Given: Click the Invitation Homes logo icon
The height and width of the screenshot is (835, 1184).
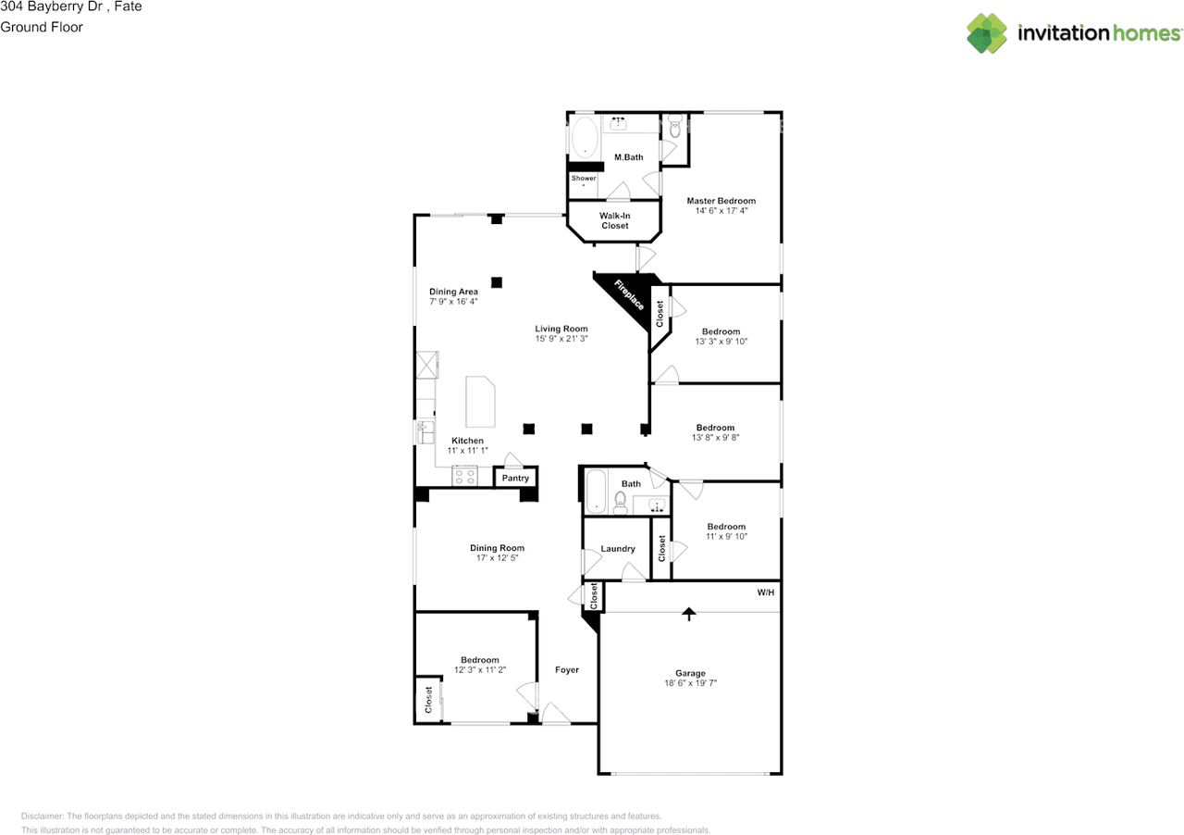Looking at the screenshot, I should [987, 33].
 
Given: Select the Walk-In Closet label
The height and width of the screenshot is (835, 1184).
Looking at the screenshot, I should [614, 220].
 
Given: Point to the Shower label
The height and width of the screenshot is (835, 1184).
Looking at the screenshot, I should [584, 178].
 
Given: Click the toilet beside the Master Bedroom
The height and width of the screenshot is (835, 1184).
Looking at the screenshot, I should [674, 127].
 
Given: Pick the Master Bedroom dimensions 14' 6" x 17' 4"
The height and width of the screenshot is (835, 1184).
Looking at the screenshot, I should [721, 211].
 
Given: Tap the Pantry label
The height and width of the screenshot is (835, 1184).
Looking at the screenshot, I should [515, 478].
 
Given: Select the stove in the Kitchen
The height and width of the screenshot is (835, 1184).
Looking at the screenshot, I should [463, 477].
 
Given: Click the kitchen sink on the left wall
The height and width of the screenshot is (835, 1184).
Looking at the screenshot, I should [425, 431].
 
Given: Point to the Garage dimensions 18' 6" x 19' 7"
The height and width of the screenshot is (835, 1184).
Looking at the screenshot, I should [690, 683].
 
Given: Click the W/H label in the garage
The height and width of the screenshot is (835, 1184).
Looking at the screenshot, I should [765, 592].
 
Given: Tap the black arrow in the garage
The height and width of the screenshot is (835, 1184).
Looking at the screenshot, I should [688, 614].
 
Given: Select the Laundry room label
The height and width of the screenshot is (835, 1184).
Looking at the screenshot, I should [618, 549].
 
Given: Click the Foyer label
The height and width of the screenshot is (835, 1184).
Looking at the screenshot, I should [567, 669].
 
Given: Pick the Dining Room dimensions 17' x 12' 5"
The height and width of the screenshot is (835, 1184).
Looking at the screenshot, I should [497, 558].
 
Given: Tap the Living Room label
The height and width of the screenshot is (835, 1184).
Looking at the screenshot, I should [561, 329].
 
